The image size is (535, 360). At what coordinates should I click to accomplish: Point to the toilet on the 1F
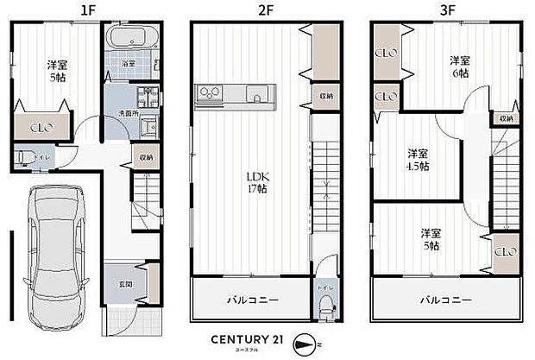26,158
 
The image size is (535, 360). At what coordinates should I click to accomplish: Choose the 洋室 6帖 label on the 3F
459,66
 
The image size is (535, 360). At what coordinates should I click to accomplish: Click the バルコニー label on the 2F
252,300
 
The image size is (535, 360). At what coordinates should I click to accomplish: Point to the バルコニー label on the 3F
446,300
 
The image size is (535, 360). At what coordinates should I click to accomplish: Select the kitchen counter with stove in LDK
236,93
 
